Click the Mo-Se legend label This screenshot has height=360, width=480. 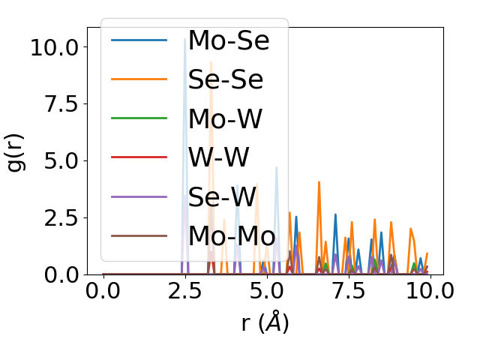[228, 40]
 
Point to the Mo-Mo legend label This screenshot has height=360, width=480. [231, 235]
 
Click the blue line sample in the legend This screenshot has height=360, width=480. [139, 40]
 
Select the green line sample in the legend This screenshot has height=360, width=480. [139, 118]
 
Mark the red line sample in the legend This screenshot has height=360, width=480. [139, 157]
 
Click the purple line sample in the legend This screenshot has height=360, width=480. [139, 196]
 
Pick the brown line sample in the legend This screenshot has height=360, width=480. [139, 235]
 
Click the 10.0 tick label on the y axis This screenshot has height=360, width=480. [53, 46]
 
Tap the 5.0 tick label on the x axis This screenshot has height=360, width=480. [266, 292]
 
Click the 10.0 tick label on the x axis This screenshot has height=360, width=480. [428, 292]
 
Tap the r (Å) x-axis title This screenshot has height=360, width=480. [265, 322]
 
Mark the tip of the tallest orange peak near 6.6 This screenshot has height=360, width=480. [319, 182]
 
